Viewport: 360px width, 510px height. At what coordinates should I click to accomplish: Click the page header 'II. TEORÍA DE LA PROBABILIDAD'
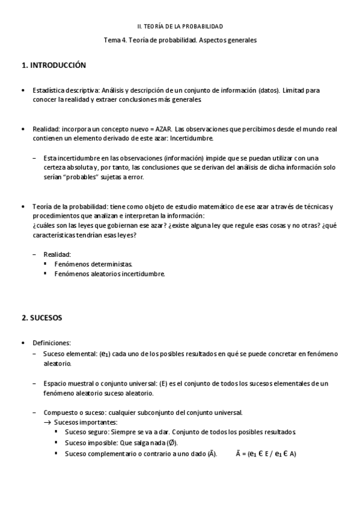[x=180, y=26]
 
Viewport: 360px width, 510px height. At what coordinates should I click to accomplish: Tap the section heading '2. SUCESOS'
[x=41, y=317]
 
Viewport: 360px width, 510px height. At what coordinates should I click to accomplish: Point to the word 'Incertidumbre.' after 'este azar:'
[x=192, y=138]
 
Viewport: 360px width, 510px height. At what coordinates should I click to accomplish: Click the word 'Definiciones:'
[x=52, y=342]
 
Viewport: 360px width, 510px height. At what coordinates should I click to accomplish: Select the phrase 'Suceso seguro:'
[x=86, y=433]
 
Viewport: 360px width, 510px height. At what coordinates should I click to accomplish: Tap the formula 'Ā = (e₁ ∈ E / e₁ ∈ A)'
[x=266, y=453]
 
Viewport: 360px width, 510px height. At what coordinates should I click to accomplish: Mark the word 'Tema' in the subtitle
[x=112, y=40]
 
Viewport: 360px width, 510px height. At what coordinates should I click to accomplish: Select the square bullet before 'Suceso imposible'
[x=56, y=443]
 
